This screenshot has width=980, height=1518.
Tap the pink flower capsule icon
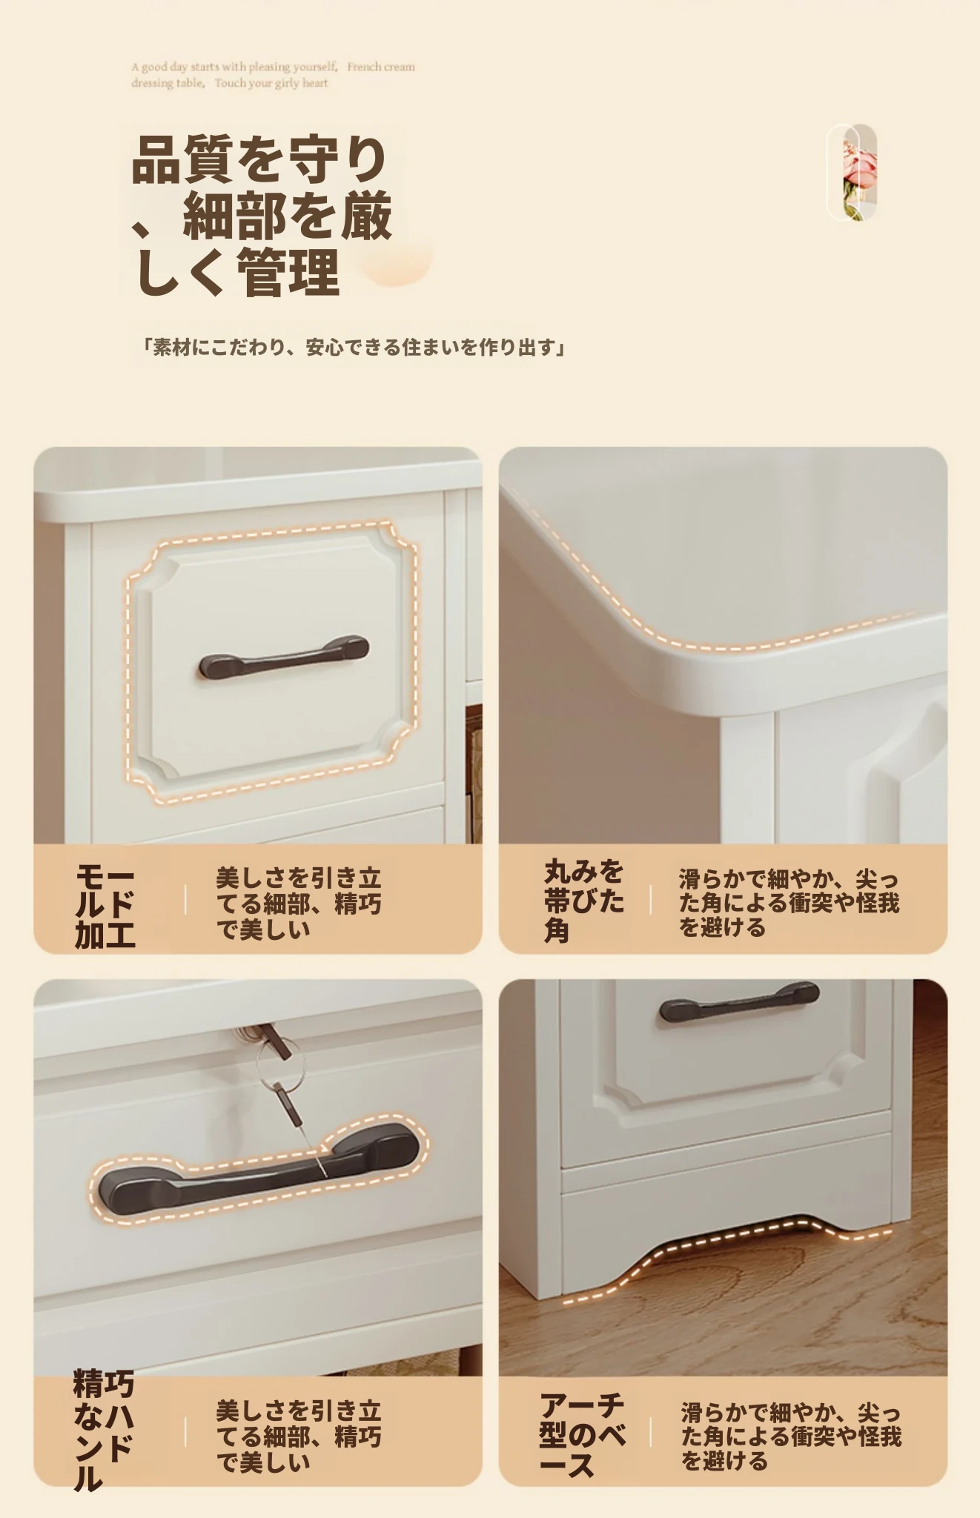[x=852, y=173]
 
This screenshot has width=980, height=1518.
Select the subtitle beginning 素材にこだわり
[x=354, y=347]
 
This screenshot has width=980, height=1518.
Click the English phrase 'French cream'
[x=381, y=67]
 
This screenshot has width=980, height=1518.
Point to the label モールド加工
[x=105, y=906]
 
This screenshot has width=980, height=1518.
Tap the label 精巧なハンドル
[x=104, y=1430]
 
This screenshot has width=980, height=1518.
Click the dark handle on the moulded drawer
[x=284, y=656]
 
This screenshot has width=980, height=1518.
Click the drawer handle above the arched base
[x=739, y=1002]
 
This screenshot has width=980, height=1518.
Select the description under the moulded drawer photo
[x=299, y=904]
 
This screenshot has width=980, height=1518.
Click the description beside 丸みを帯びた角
[x=789, y=903]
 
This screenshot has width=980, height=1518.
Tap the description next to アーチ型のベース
[x=791, y=1436]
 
